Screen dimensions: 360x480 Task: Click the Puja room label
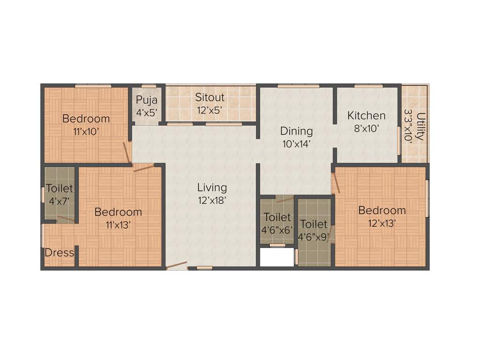147,100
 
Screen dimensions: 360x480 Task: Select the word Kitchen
366,115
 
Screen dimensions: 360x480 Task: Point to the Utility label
420,126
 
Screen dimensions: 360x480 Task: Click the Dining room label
296,131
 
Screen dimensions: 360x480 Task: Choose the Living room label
212,188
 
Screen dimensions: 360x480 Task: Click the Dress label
59,253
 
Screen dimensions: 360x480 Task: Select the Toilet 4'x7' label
60,189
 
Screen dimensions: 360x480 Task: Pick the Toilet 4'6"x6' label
277,217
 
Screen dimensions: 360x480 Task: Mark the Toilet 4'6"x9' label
314,224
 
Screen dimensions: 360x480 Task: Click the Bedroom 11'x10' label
86,119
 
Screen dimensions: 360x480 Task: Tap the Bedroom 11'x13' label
118,212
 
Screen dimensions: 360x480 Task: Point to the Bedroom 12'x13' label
382,210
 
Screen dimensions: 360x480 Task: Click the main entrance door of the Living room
177,265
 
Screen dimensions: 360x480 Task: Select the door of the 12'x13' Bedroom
336,183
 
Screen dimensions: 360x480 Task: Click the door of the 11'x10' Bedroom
127,153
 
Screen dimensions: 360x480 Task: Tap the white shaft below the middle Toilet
277,258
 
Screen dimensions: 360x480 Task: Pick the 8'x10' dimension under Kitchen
366,127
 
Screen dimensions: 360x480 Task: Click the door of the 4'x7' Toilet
65,218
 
